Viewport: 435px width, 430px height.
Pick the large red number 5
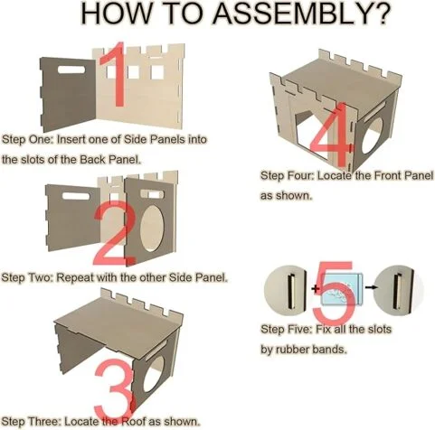334,292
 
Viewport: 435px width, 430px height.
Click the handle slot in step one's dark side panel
71,70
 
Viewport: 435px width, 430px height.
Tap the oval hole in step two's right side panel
152,229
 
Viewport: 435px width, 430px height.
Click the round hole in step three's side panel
154,374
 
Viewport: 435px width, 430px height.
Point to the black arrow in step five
371,287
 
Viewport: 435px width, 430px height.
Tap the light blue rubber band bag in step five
341,289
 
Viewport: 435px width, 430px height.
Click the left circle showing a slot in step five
286,291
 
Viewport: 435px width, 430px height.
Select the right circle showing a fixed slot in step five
398,290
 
